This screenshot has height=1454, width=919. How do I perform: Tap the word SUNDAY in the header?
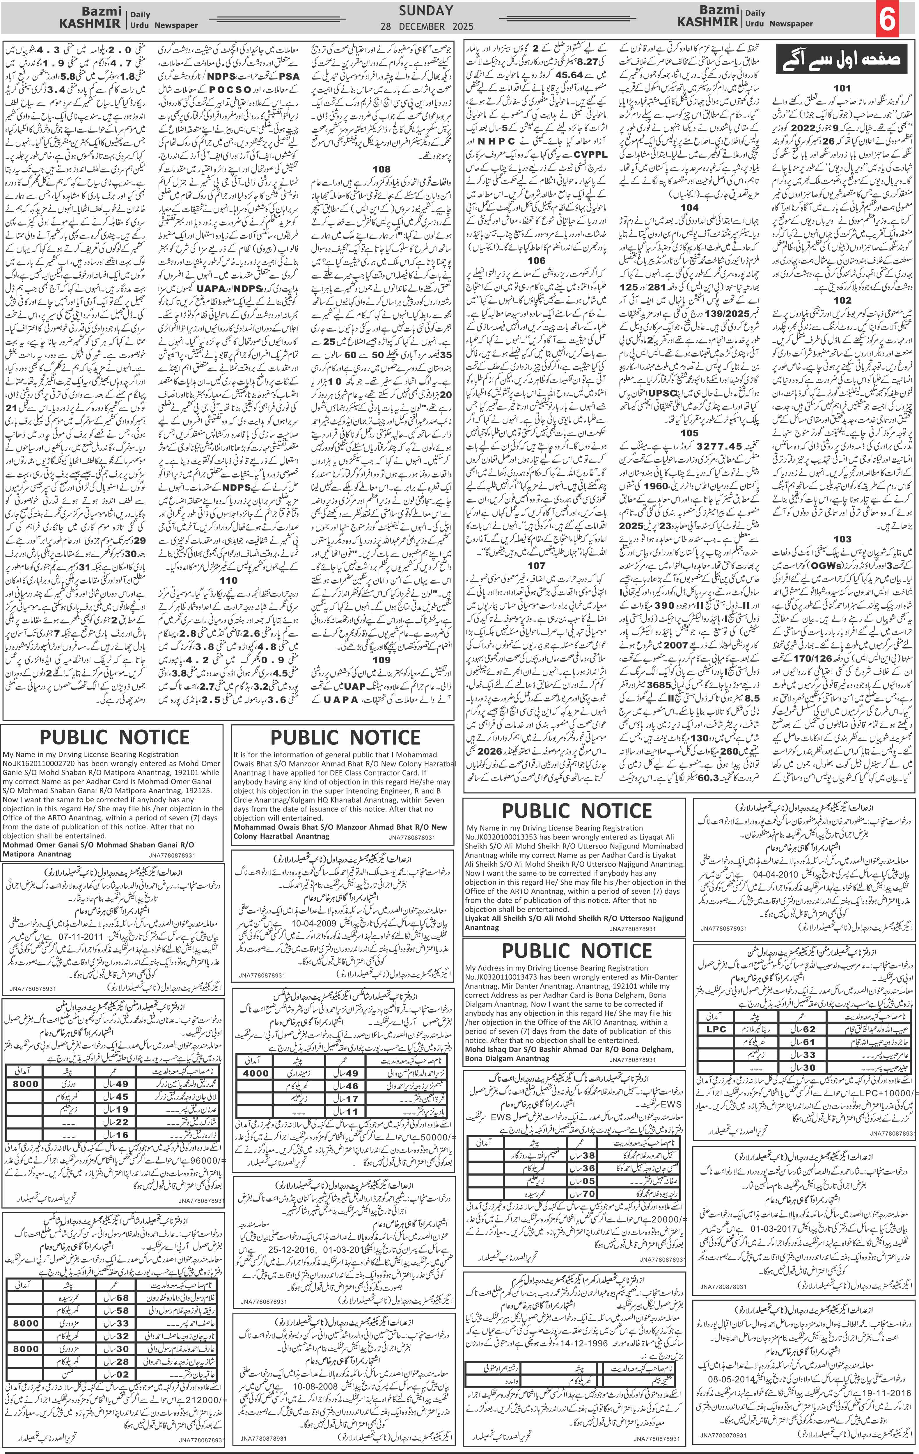pos(426,10)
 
